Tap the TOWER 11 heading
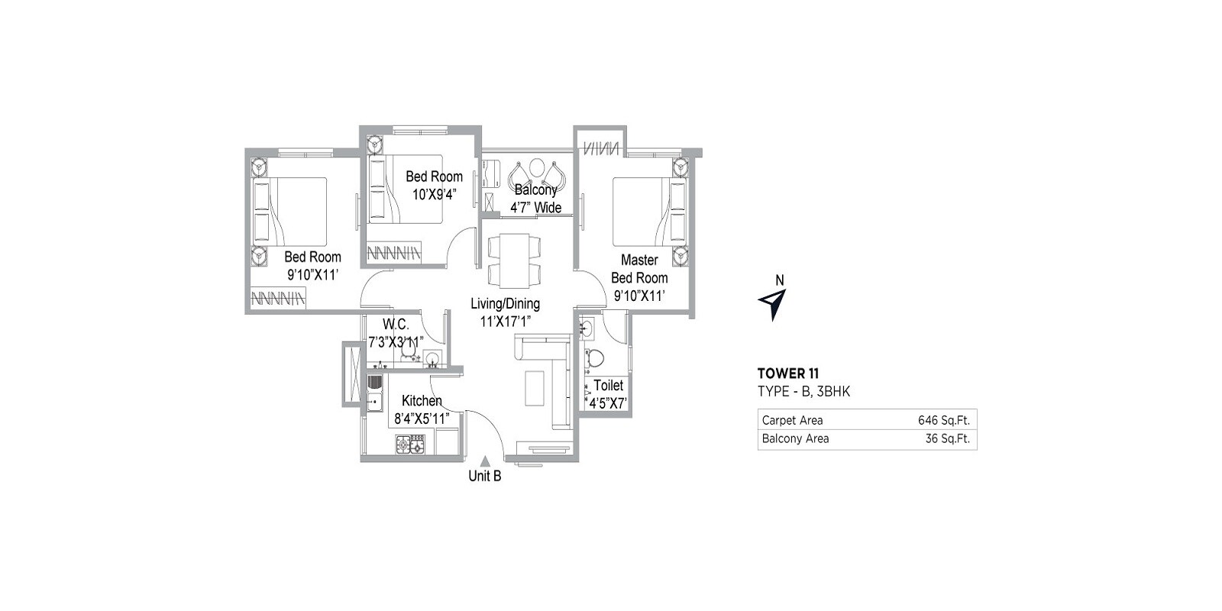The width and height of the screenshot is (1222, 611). tap(787, 373)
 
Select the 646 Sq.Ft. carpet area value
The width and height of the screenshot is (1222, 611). tap(943, 420)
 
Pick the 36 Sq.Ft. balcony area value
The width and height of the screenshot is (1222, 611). tap(947, 438)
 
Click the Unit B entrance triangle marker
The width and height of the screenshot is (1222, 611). tap(485, 461)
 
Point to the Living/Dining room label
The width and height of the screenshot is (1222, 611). tap(505, 303)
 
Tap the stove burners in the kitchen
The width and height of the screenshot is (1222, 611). tap(410, 444)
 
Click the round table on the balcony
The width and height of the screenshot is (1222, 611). tap(537, 168)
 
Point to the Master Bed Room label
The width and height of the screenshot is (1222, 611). tap(639, 269)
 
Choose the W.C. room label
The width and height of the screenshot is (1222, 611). tap(396, 324)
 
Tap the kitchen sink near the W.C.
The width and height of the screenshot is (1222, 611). tap(374, 390)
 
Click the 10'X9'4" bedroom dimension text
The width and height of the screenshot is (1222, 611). tap(434, 194)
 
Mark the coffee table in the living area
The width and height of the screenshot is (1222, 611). tap(535, 386)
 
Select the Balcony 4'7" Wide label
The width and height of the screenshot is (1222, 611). tap(535, 199)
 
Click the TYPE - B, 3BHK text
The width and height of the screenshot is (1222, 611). tap(803, 392)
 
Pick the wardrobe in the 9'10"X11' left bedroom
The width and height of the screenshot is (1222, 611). tap(278, 297)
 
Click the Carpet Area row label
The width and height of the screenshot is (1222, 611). tap(792, 420)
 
